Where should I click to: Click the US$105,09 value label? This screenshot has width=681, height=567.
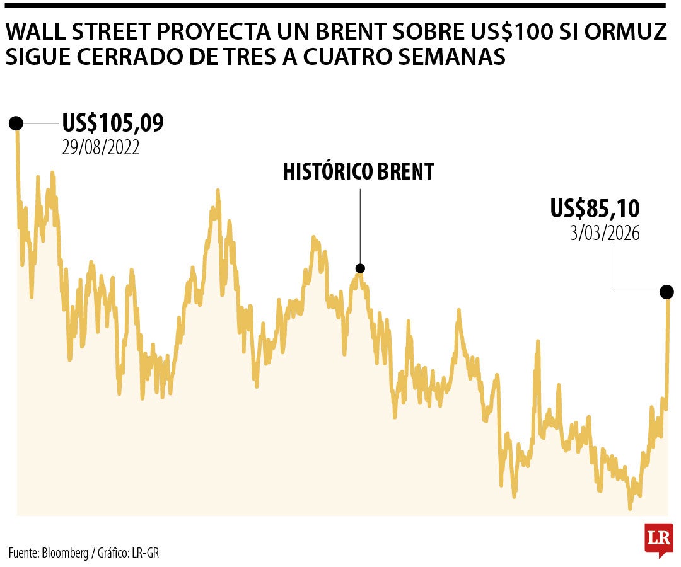click(x=113, y=123)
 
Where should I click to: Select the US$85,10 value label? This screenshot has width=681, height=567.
click(x=595, y=208)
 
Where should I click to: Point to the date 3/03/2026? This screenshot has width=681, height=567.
click(x=605, y=233)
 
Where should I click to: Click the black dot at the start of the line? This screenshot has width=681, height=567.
click(x=16, y=123)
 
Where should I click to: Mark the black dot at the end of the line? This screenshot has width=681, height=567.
click(x=666, y=292)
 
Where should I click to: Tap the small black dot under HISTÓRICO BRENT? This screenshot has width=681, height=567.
click(x=360, y=268)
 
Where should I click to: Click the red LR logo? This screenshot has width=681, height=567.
click(x=658, y=539)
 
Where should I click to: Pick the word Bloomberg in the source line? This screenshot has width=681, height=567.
click(x=66, y=553)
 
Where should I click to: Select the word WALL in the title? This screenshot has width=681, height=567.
click(x=35, y=31)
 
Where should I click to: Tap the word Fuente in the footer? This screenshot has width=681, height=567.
click(x=23, y=553)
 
